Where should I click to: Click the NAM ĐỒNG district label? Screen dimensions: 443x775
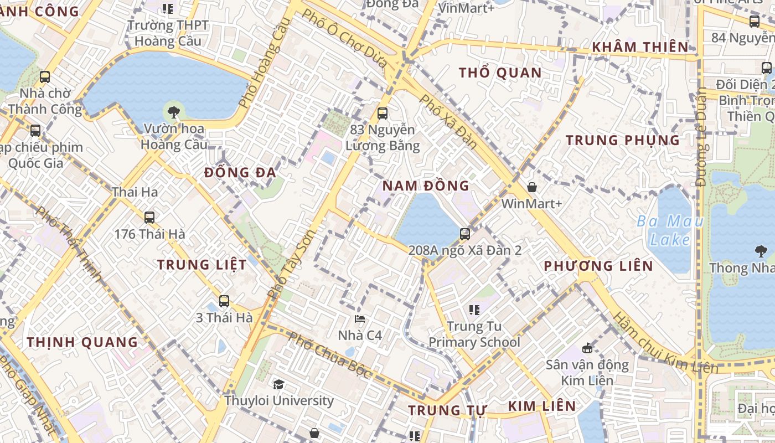point(426,186)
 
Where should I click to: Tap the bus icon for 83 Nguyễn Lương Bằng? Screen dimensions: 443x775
point(382,114)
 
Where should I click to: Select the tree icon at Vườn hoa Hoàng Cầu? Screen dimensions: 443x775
point(174,112)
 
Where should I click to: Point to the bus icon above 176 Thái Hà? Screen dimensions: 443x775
point(149,218)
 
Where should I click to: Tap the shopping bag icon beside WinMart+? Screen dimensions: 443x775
point(531,188)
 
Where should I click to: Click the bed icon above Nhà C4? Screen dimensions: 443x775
point(360,320)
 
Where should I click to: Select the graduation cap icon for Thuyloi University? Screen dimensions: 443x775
point(278,384)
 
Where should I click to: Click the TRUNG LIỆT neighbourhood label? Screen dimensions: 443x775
point(201,265)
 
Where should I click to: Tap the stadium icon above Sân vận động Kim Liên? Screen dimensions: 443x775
point(587,348)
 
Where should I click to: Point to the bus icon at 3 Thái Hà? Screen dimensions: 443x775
point(224,301)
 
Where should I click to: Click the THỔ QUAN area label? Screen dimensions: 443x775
point(500,73)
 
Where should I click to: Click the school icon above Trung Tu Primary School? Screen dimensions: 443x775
point(474,310)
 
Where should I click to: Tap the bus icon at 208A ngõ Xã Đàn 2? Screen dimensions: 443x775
point(465,234)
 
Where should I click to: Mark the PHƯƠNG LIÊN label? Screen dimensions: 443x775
point(598,266)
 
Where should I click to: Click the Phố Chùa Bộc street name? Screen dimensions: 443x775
point(330,354)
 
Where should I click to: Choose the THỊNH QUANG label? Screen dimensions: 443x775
point(82,342)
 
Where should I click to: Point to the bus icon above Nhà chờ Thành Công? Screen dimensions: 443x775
point(45,77)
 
